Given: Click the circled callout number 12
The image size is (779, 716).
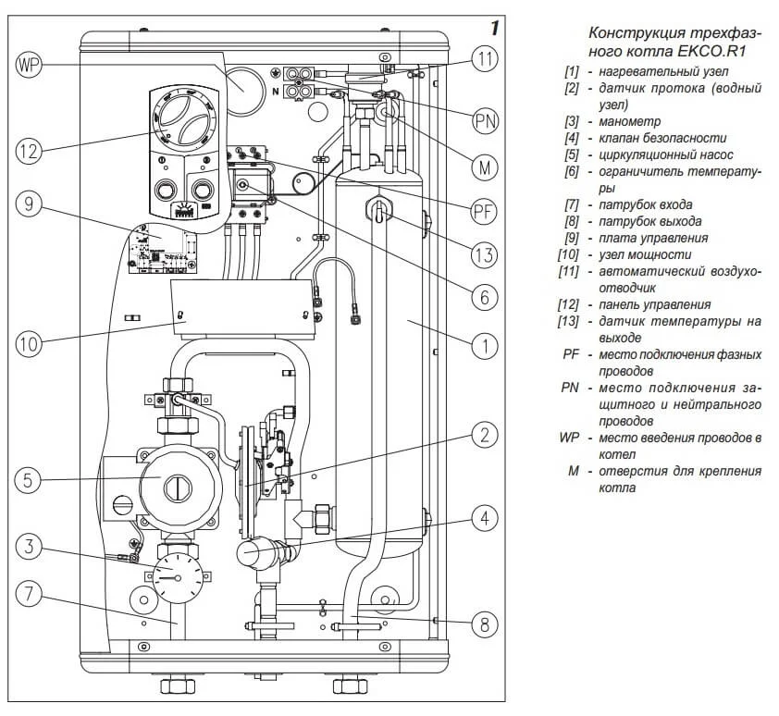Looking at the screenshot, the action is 29,150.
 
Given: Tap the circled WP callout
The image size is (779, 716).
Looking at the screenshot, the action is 29,65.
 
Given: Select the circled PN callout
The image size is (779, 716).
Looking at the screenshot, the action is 485,121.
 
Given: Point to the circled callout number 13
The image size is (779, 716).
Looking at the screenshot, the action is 485,255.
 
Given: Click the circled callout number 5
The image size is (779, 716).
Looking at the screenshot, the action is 29,479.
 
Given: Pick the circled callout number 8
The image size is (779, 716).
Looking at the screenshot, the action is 485,624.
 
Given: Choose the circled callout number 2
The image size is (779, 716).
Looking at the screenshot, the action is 485,436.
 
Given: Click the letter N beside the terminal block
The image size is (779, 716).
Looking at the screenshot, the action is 276,92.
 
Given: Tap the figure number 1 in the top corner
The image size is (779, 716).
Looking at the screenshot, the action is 494,28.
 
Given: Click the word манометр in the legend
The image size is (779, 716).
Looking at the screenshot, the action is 630,121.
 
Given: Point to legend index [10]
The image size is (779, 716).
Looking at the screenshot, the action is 568,254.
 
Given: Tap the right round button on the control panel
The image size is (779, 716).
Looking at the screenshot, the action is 203,190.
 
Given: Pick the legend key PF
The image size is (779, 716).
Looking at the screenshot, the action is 572,354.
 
